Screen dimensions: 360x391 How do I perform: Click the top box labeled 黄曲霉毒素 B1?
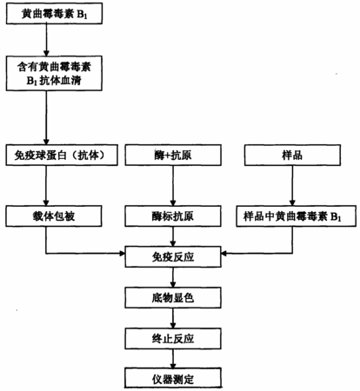pos(54,14)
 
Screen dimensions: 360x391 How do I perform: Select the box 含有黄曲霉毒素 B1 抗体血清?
pos(54,74)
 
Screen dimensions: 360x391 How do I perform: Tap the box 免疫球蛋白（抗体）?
pos(62,156)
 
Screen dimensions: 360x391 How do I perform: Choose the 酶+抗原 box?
pos(173,156)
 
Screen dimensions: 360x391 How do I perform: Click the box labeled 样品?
pos(292,156)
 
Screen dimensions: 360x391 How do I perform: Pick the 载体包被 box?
pos(54,216)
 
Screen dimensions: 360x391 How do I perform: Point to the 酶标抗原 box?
pos(173,216)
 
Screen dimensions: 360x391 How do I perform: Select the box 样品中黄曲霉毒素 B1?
pos(297,216)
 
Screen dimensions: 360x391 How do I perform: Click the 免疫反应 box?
pos(173,257)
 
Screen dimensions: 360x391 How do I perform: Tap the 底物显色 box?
pos(173,298)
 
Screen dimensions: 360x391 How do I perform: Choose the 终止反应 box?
pos(173,339)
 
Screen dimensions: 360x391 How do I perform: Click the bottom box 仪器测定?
pos(173,378)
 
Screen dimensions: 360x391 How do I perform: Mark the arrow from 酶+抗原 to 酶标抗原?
pos(173,186)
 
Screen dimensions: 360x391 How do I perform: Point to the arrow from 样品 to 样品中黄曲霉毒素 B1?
pos(292,186)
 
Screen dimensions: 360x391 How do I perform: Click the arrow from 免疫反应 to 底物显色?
pos(173,277)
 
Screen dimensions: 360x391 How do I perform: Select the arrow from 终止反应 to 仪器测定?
pos(173,358)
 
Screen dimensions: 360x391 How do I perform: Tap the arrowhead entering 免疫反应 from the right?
pos(224,254)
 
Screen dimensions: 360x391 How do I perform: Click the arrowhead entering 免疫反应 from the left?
pos(123,254)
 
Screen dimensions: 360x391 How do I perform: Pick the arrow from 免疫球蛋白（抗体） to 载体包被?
pos(46,186)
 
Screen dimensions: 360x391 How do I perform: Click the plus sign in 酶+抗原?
pos(168,156)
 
